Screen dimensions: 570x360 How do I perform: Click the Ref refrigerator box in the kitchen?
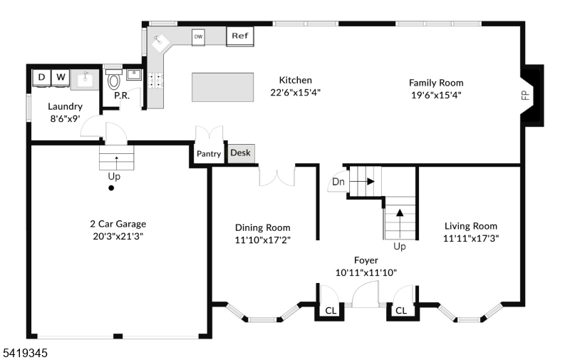coord(240,36)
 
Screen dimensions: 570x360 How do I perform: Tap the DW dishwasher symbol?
coord(198,37)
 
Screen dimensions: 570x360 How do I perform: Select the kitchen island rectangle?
coord(222,87)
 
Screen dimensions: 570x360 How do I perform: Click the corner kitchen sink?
coord(161,43)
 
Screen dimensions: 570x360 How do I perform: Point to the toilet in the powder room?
coord(114,80)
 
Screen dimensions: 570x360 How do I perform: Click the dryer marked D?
coord(42,78)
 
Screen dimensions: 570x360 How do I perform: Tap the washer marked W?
coord(61,78)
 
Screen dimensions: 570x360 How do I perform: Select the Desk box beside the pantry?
coord(241,153)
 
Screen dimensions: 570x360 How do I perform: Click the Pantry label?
coord(209,154)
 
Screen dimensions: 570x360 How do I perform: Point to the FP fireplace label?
coord(525,96)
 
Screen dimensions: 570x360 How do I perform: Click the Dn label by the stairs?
coord(338,182)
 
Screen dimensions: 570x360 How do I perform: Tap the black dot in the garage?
coord(111,188)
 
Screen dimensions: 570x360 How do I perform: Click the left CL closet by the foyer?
coord(331,311)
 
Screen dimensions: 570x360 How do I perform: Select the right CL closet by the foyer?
coord(401,311)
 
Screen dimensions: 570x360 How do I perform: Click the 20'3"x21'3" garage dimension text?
coord(118,237)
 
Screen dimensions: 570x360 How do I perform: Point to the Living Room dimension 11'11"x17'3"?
coord(471,239)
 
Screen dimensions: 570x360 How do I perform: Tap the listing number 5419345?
coord(26,353)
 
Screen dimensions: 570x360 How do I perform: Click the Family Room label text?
coord(436,83)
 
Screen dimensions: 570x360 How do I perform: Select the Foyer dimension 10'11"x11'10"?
coord(366,273)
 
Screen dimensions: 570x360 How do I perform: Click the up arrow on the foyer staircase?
coord(400,224)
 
